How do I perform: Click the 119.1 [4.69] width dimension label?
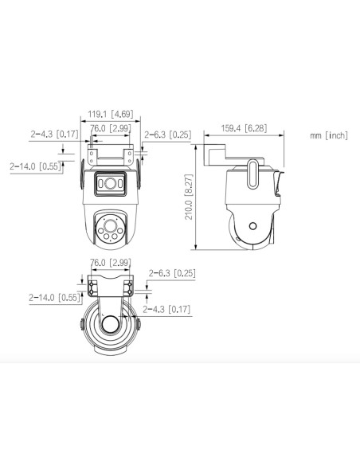pyautogui.click(x=111, y=114)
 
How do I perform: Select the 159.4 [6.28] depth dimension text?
pyautogui.click(x=244, y=128)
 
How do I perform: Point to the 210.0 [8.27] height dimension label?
pyautogui.click(x=189, y=197)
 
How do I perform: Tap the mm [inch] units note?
pyautogui.click(x=329, y=135)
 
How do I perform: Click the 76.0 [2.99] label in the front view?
pyautogui.click(x=111, y=128)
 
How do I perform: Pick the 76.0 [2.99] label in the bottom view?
pyautogui.click(x=111, y=263)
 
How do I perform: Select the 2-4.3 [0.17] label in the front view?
pyautogui.click(x=55, y=134)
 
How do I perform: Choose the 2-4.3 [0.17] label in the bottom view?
pyautogui.click(x=166, y=309)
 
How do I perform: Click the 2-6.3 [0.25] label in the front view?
pyautogui.click(x=168, y=135)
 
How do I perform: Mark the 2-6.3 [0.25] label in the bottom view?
pyautogui.click(x=172, y=273)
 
